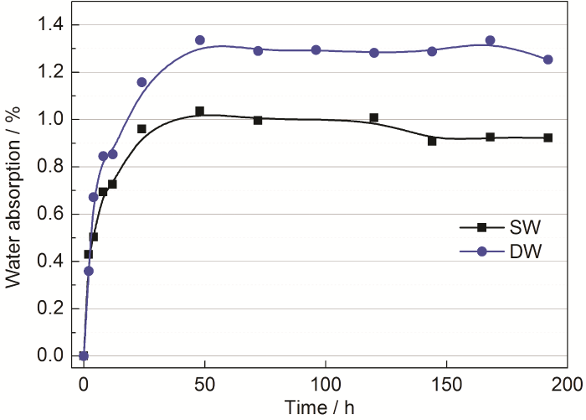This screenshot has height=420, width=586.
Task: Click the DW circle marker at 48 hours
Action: [199, 40]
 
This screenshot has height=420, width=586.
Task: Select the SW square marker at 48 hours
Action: [199, 111]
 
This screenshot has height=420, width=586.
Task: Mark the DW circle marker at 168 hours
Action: [490, 40]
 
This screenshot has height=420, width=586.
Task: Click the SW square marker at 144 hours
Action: [432, 141]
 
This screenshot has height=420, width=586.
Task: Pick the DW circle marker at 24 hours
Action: [141, 82]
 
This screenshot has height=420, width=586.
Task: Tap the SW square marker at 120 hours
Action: [373, 117]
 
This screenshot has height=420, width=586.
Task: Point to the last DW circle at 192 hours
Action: [547, 60]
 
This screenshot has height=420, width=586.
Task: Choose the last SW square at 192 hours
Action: [547, 137]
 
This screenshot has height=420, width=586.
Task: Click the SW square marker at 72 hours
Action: [258, 120]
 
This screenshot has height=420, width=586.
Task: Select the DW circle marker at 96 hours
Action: [316, 50]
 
